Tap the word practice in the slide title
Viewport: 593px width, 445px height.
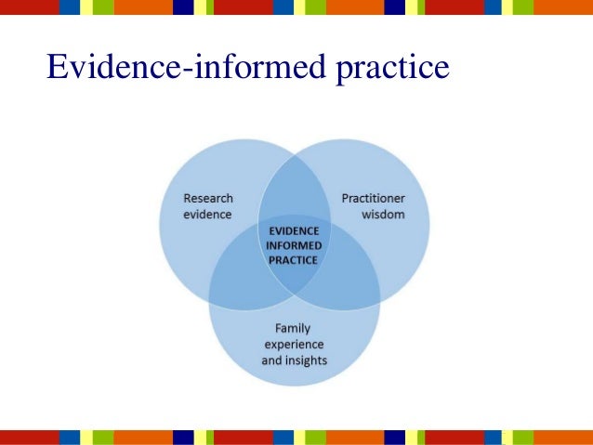coord(394,67)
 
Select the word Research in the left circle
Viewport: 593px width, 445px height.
coord(208,198)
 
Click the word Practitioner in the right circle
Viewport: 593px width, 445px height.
coord(373,198)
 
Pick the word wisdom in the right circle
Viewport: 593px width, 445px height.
coord(382,214)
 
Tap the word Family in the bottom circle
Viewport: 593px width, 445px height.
coord(294,328)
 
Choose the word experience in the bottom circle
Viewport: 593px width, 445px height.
coord(294,344)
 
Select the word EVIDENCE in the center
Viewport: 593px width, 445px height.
coord(294,230)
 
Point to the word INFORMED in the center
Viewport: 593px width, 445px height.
coord(294,245)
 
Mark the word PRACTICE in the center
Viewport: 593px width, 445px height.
coord(294,260)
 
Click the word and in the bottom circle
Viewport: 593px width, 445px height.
coord(271,360)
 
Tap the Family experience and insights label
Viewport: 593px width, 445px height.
coord(294,344)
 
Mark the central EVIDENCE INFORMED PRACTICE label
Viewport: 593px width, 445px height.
coord(294,245)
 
